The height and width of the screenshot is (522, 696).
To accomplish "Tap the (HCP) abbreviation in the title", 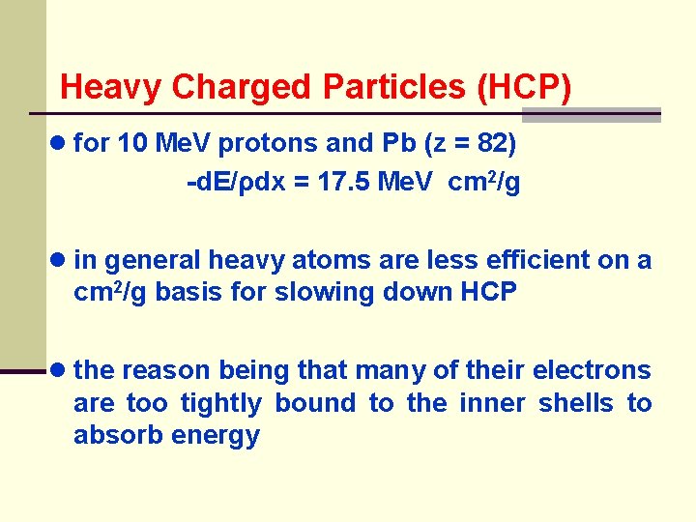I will (525, 87).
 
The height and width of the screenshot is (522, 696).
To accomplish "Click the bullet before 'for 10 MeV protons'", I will (61, 144).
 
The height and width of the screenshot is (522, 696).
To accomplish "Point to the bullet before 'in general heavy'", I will (61, 260).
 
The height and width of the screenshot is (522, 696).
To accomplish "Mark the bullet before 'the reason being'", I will (61, 370).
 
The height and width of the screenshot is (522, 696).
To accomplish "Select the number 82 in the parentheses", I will (491, 144).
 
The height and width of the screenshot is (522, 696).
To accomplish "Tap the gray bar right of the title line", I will (591, 114).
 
